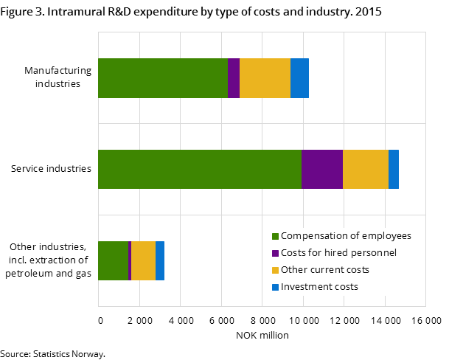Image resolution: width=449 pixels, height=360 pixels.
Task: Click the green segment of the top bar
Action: pyautogui.click(x=162, y=78)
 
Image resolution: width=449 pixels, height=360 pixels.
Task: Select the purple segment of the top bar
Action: pyautogui.click(x=234, y=78)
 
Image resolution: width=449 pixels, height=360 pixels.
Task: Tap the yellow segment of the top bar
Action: pyautogui.click(x=265, y=78)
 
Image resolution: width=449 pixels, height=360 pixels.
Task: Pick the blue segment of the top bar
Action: pyautogui.click(x=299, y=78)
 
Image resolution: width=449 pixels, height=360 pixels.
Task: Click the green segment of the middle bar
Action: pyautogui.click(x=199, y=169)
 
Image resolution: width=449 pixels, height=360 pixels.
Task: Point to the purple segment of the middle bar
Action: pyautogui.click(x=322, y=169)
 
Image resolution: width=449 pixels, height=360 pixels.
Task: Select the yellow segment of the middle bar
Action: pyautogui.click(x=366, y=169)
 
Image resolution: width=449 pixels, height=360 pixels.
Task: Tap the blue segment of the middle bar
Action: pyautogui.click(x=394, y=169)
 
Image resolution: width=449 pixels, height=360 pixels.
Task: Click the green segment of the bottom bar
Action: pyautogui.click(x=113, y=260)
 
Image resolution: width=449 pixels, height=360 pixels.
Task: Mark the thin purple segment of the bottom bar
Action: pyautogui.click(x=130, y=260)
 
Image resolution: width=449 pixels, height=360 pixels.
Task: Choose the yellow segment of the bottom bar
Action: pyautogui.click(x=143, y=260)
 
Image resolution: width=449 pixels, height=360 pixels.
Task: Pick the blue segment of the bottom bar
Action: pyautogui.click(x=160, y=260)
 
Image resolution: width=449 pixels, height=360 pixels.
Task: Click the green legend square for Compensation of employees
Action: pyautogui.click(x=276, y=237)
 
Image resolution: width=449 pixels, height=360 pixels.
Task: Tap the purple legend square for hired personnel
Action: pyautogui.click(x=276, y=254)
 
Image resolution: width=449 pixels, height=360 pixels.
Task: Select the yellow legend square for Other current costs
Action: pyautogui.click(x=276, y=271)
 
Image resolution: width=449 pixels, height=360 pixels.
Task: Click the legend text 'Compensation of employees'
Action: pyautogui.click(x=346, y=236)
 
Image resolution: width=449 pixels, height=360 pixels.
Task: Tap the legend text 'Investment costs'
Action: pyautogui.click(x=319, y=287)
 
